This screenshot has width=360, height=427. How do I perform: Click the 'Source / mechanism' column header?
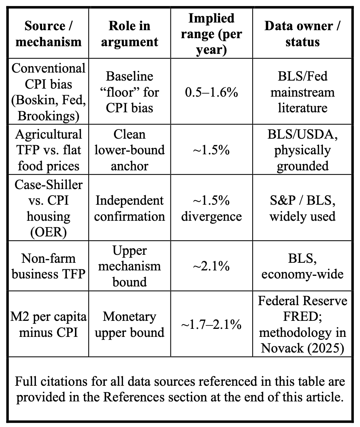49,34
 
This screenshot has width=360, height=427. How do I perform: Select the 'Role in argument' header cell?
130,34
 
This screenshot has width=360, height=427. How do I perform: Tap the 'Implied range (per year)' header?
211,34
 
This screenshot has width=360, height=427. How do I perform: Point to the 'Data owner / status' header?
302,34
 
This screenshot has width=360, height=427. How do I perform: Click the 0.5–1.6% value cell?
211,92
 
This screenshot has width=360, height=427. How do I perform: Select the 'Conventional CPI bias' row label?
49,92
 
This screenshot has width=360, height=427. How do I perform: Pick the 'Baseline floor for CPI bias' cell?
130,92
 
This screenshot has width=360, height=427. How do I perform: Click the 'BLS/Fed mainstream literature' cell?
302,92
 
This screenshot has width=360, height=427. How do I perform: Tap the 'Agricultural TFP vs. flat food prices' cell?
49,150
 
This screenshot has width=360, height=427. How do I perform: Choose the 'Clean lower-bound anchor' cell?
130,150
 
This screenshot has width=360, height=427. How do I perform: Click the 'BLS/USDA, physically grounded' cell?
302,150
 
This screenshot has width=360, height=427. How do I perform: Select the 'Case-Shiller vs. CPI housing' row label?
49,208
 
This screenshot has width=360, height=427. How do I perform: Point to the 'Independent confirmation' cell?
130,208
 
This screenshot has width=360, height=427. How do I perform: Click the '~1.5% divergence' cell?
211,208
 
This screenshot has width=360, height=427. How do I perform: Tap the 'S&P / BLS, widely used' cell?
302,208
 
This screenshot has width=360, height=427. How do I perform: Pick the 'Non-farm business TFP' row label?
49,266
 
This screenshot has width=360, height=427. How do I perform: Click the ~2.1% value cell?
211,266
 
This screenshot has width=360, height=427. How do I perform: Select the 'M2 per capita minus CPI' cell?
49,324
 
